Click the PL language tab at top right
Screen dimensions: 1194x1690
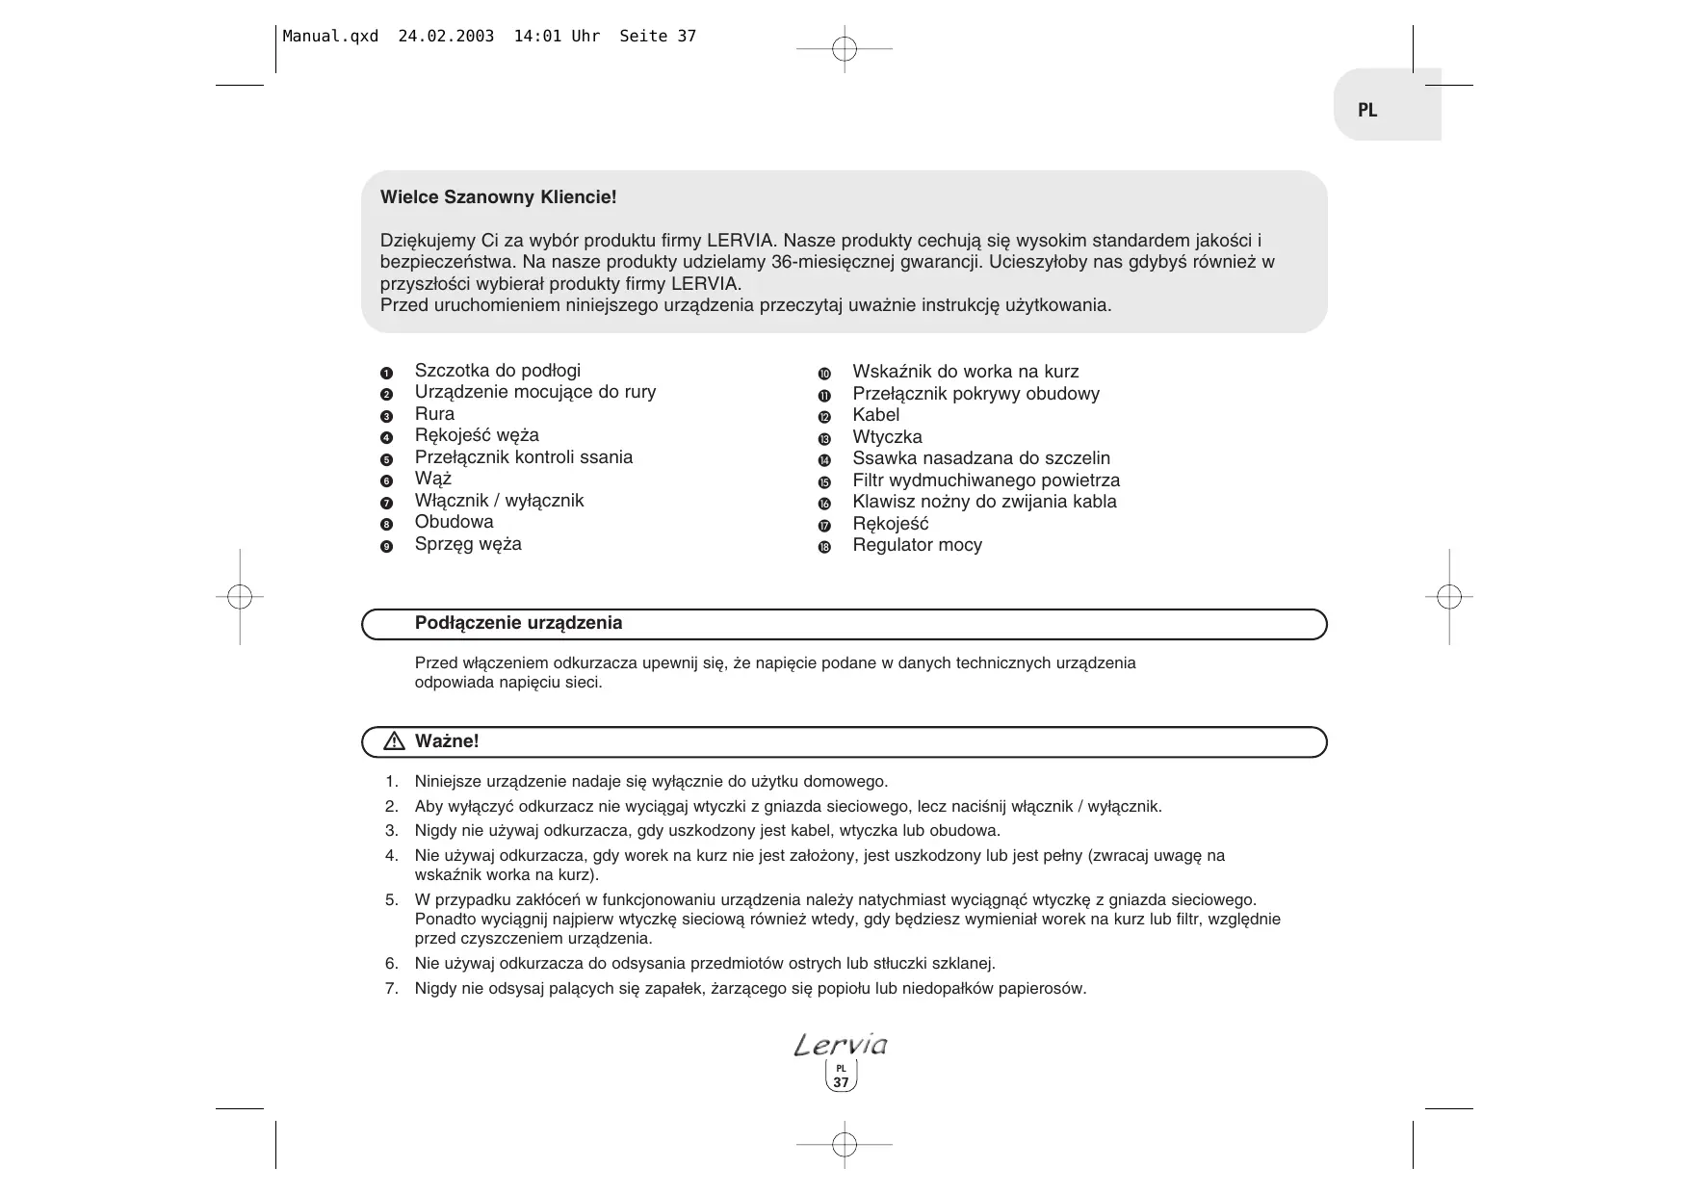pos(1367,110)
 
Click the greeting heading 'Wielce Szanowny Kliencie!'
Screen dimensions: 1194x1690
pos(498,197)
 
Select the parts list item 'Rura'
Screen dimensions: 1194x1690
pos(434,414)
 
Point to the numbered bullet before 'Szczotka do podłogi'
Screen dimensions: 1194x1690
pos(387,373)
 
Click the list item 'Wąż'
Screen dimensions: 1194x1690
pos(433,479)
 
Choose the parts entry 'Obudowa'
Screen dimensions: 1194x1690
pos(454,522)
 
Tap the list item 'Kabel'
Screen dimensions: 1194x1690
pos(875,415)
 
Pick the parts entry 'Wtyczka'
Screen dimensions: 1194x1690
pos(887,437)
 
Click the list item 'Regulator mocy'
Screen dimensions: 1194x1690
pos(917,545)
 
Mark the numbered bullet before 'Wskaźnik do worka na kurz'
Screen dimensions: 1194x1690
pos(824,374)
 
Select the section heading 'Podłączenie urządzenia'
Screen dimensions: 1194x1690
pos(518,623)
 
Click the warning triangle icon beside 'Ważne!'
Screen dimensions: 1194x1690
pos(394,741)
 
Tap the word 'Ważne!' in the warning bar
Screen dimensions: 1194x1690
pos(447,741)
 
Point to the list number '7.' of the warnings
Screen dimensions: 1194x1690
pos(391,988)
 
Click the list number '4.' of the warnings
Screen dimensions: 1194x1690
pos(391,855)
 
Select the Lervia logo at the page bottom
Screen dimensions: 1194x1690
pos(841,1045)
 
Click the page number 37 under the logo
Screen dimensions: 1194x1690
pos(842,1082)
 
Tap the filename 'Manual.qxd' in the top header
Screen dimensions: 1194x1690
pos(330,37)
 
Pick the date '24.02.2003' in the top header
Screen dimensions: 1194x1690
pos(446,37)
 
